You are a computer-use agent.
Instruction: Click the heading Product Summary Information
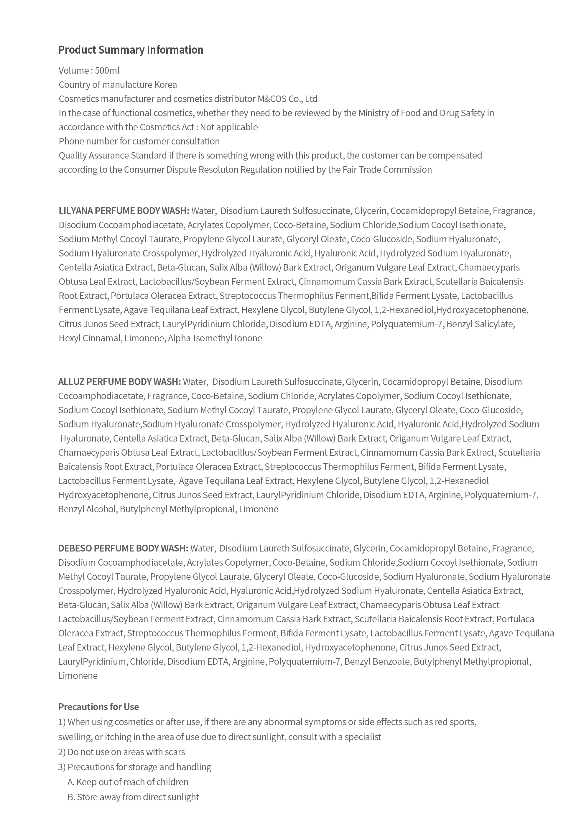point(131,50)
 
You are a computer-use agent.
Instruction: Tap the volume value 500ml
point(107,71)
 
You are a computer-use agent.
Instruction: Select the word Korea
point(165,85)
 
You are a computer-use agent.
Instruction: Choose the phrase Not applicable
point(229,127)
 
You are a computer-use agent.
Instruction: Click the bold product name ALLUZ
point(71,382)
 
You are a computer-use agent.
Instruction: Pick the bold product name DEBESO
point(75,548)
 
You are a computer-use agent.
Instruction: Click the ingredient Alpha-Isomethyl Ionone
point(215,338)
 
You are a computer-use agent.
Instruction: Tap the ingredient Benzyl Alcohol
point(87,509)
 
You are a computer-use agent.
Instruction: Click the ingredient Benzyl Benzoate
point(377,661)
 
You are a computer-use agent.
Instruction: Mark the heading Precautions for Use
point(98,707)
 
